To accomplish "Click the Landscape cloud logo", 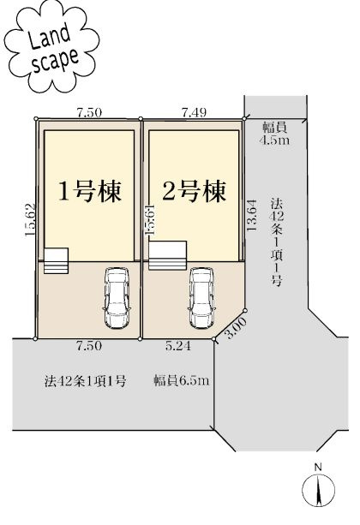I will point(47,51).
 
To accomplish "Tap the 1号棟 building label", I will point(88,189).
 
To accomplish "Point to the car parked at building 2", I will point(201,297).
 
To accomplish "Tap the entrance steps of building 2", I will point(167,254).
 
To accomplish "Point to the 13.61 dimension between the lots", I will point(150,218).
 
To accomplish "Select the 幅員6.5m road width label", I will point(181,379).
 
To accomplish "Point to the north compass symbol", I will point(317,488).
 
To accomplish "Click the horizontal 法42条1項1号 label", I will point(86,379).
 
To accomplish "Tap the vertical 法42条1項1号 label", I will point(276,244).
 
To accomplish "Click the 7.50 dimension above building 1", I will point(89,111).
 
